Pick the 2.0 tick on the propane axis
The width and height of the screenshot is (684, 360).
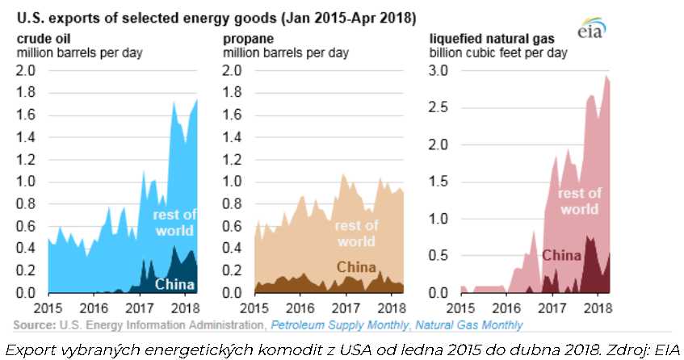pos(233,70)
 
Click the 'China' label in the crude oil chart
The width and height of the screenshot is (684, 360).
pos(174,283)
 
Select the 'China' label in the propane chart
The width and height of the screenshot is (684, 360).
pos(355,267)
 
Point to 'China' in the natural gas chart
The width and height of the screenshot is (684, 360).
pos(561,256)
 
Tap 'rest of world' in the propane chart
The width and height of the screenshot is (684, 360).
pos(356,233)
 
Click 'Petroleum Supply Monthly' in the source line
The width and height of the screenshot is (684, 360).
pos(334,325)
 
